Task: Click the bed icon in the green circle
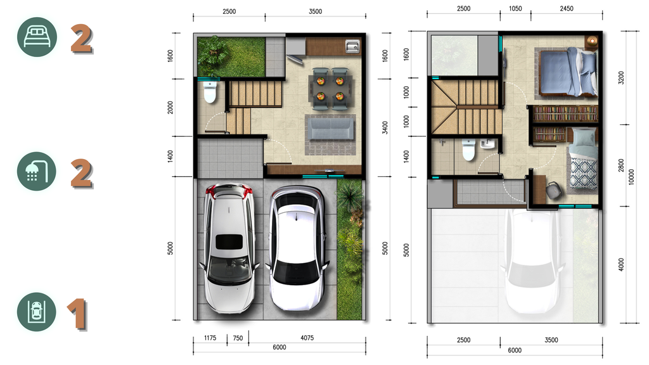coord(37,37)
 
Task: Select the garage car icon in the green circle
coord(37,312)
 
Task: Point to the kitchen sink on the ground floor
coord(352,46)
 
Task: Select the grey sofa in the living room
coord(330,129)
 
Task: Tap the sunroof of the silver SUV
coord(228,241)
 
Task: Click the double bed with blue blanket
coord(569,72)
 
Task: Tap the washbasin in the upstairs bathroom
coord(487,144)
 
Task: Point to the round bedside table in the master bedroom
coord(592,41)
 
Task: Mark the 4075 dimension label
coord(306,338)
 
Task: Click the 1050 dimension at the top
coord(515,10)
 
